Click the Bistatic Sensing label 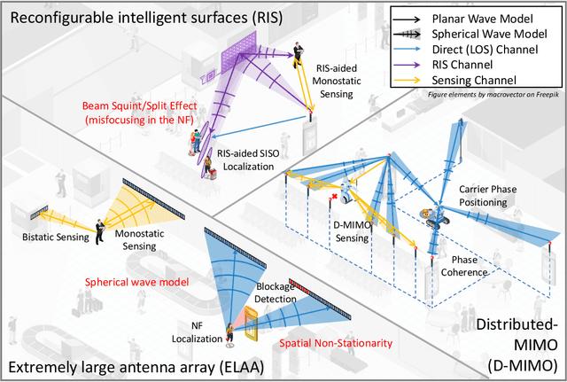[58, 237]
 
